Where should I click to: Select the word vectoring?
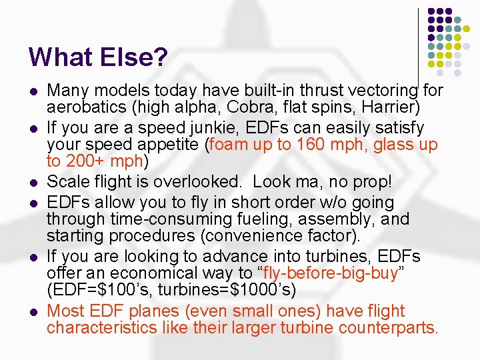(376, 90)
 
